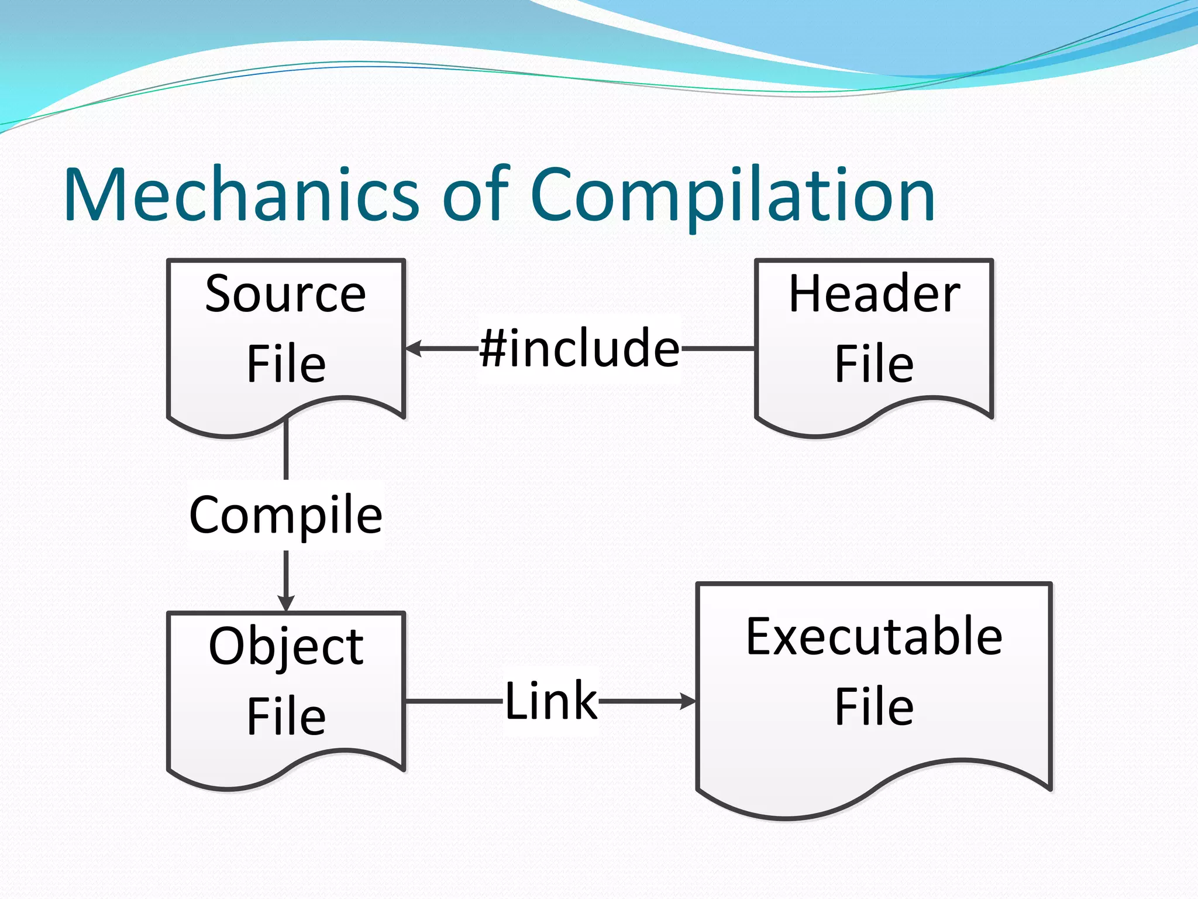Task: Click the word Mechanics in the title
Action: tap(241, 194)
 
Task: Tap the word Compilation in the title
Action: tap(732, 196)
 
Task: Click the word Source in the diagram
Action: tap(285, 294)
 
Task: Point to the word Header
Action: tap(874, 294)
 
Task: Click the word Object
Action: tap(286, 647)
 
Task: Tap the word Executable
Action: tap(874, 637)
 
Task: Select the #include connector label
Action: tap(580, 348)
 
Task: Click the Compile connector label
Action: tap(286, 515)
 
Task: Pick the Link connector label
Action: tap(551, 701)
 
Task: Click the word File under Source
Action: tap(286, 364)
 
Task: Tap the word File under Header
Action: tap(874, 364)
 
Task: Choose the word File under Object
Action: tap(286, 716)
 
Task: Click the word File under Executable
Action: tap(874, 707)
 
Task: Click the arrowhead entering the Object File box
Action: tap(286, 603)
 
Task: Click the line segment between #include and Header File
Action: tap(718, 348)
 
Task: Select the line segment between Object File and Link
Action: tap(454, 701)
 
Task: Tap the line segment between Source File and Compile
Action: tap(286, 451)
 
